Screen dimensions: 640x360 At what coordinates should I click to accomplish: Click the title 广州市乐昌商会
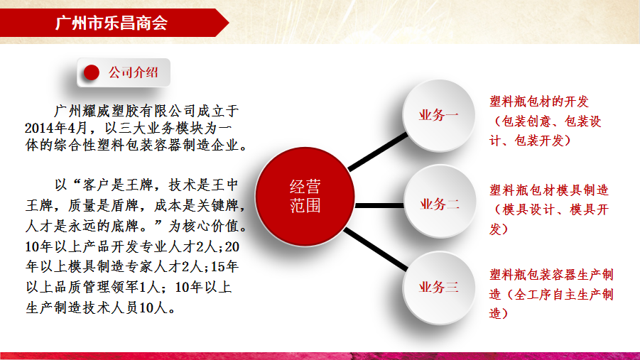click(111, 23)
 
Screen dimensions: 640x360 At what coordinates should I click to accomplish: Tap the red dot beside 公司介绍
click(92, 72)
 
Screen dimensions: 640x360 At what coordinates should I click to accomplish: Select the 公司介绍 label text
click(133, 72)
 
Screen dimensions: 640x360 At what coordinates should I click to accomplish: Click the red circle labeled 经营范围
click(305, 196)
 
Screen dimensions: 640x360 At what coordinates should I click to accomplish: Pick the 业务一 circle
click(439, 115)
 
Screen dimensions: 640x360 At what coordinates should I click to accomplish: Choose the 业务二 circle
click(440, 201)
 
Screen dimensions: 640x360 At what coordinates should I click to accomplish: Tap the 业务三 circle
click(439, 288)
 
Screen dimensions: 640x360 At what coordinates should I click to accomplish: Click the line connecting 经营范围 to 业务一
click(378, 151)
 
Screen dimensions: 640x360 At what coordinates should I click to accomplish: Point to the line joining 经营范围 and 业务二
click(379, 205)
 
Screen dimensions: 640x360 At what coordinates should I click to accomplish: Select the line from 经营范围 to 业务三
click(376, 249)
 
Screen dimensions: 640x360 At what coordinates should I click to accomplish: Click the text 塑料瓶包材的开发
click(539, 102)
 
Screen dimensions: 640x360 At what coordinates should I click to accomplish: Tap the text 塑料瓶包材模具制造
click(549, 190)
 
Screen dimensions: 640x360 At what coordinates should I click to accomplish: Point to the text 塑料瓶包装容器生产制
click(551, 275)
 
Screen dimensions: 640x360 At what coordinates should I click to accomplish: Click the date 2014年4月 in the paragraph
click(55, 128)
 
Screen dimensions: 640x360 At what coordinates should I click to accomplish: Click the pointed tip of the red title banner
click(229, 23)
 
